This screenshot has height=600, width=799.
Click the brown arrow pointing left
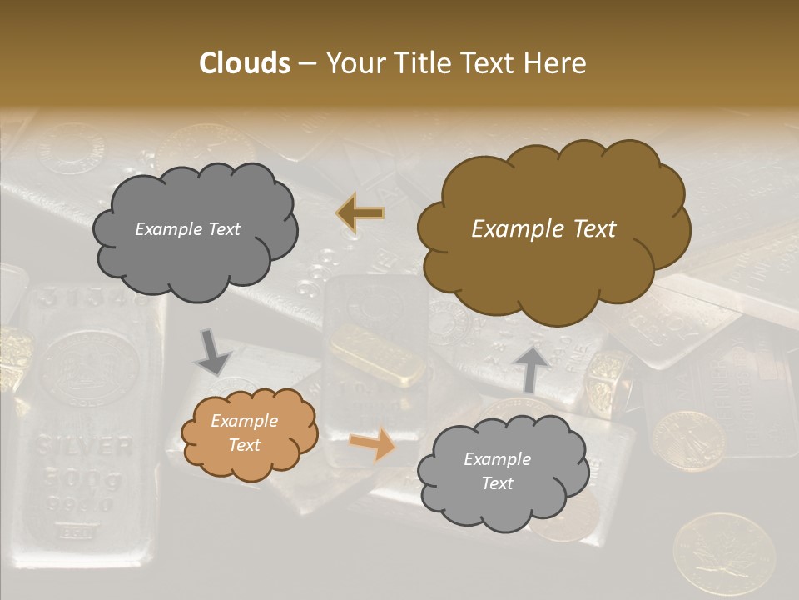[360, 214]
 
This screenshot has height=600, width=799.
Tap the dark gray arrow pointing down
[213, 352]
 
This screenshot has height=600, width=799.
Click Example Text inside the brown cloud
[543, 229]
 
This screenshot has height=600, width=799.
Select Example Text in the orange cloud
[245, 433]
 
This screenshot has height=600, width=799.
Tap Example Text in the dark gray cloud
[188, 229]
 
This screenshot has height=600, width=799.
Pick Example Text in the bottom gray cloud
[497, 471]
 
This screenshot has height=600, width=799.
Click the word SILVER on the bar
[83, 446]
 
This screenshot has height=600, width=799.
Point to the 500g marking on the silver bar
[83, 479]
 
